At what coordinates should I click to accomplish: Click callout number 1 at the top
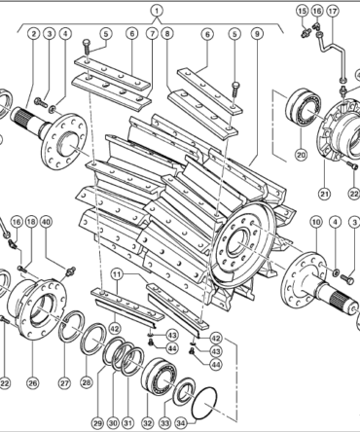click(157, 11)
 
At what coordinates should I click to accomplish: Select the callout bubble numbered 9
click(257, 34)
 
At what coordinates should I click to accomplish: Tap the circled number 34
click(181, 423)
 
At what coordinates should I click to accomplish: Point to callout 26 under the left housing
click(32, 383)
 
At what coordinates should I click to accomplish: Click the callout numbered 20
click(302, 155)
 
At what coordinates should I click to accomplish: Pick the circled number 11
click(117, 275)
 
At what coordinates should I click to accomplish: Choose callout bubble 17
click(333, 11)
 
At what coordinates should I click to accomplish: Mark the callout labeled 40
click(46, 222)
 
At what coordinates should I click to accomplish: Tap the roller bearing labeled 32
click(159, 377)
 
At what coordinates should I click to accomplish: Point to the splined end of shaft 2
click(19, 116)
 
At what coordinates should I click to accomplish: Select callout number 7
click(152, 33)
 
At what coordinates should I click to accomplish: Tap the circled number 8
click(167, 33)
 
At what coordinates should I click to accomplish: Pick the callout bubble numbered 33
click(165, 423)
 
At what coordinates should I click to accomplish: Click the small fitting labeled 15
click(306, 33)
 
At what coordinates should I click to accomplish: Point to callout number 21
click(324, 194)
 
